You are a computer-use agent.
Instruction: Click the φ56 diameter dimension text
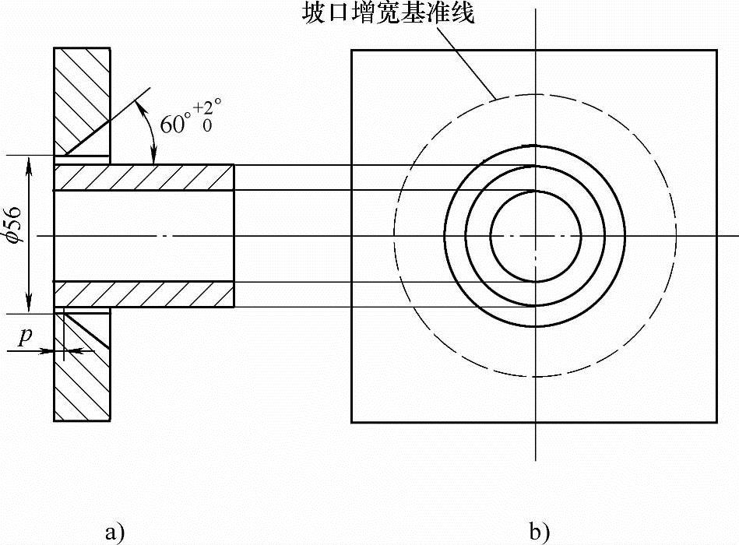coord(16,227)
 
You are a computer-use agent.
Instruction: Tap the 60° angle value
coord(175,124)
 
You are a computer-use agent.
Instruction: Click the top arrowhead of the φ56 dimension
coord(29,160)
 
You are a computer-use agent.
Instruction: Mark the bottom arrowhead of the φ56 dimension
coord(29,308)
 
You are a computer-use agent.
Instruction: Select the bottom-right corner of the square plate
coord(717,422)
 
